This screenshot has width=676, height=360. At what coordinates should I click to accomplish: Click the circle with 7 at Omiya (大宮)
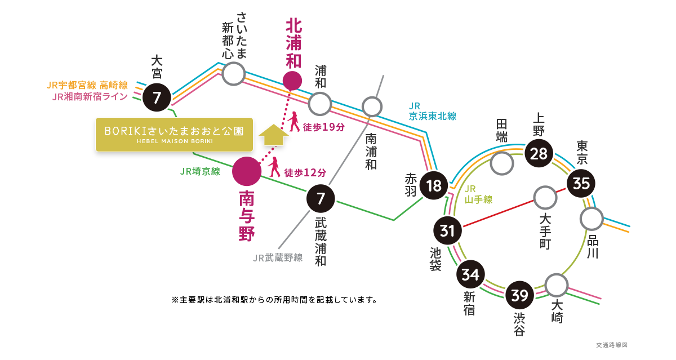click(x=157, y=98)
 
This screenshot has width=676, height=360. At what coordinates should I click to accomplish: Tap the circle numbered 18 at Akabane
click(x=434, y=185)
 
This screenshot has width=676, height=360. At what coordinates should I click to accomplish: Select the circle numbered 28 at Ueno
click(x=539, y=153)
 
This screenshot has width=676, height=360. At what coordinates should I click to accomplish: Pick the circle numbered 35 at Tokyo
click(x=581, y=183)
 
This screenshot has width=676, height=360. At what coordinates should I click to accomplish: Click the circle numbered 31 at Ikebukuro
click(x=447, y=231)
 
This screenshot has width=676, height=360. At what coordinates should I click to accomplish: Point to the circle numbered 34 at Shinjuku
click(x=470, y=275)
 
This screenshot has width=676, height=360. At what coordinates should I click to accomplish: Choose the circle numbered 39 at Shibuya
click(x=519, y=295)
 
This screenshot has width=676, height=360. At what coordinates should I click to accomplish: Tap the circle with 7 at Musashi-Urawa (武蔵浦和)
click(x=321, y=198)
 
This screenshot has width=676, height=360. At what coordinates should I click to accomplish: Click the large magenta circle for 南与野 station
click(x=247, y=171)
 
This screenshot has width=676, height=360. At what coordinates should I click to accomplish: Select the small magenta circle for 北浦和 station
click(x=292, y=81)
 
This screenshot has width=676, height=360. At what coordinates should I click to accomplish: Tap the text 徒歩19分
click(x=323, y=127)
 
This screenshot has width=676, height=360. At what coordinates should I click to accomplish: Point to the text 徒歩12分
click(x=305, y=172)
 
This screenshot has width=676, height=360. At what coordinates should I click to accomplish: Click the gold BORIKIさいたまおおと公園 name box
click(x=174, y=135)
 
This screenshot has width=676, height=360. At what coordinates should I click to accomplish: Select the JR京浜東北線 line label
click(x=432, y=111)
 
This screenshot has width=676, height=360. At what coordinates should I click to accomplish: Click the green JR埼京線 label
click(x=200, y=172)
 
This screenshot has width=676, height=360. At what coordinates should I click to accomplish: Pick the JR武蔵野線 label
click(x=278, y=258)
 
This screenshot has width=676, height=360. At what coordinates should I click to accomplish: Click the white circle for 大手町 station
click(x=545, y=198)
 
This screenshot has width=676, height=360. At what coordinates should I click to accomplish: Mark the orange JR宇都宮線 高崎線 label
click(x=87, y=86)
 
